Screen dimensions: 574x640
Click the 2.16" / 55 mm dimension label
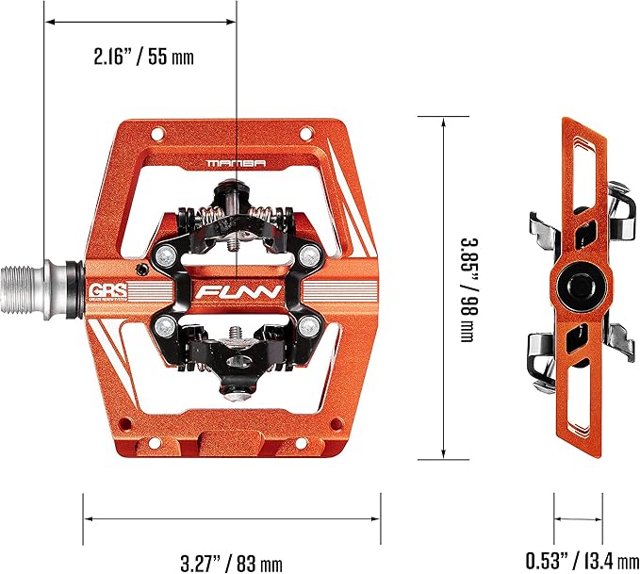click(143, 57)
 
